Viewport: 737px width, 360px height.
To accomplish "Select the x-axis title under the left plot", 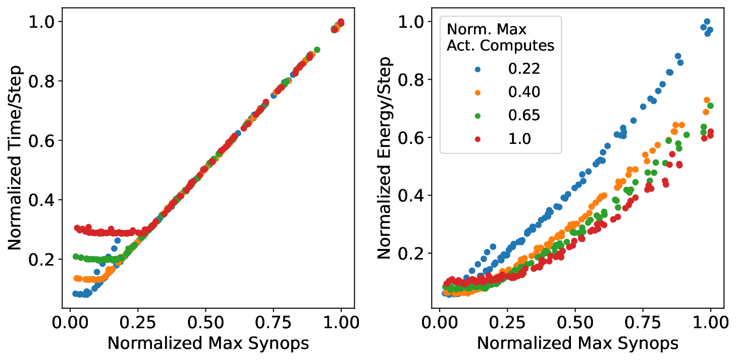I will click(208, 343).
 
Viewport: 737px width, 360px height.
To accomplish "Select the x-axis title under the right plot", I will click(577, 343).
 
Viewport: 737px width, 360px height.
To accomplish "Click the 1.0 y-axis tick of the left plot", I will click(43, 22).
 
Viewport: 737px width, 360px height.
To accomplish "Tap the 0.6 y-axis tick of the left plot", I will click(43, 140).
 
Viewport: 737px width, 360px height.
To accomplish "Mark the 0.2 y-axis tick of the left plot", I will click(43, 260).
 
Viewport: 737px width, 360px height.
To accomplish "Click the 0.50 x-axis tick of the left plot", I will click(205, 323).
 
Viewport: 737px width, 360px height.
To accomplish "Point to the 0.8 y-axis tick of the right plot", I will click(412, 79).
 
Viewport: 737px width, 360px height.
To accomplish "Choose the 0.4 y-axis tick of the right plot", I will click(412, 195).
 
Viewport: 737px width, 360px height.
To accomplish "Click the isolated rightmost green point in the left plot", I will click(317, 49).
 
